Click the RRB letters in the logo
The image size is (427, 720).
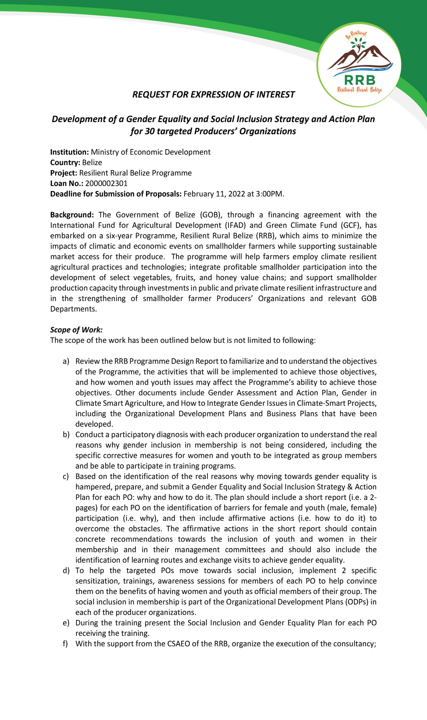point(360,80)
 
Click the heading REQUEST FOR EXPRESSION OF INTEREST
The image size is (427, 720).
point(214,94)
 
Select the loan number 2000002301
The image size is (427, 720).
point(106,183)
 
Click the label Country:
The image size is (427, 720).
point(65,163)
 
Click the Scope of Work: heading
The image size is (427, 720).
point(76,330)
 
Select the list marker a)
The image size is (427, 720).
point(66,361)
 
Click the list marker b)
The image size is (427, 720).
point(66,434)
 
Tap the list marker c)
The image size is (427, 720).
point(66,476)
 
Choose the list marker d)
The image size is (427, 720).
point(66,570)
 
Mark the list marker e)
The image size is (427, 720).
point(66,623)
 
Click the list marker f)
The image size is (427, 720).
point(65,644)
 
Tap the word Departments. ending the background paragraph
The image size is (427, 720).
point(73,309)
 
